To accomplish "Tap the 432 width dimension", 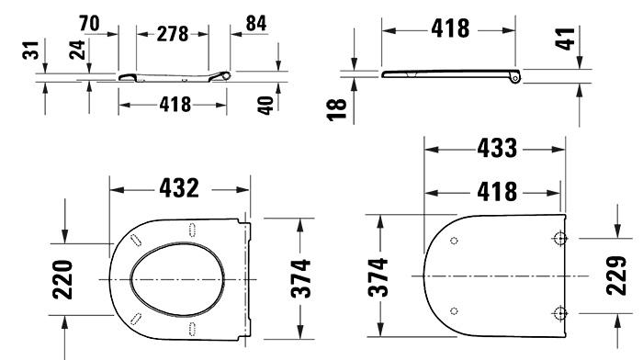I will [178, 188].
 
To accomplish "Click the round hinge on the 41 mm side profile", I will [514, 79].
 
